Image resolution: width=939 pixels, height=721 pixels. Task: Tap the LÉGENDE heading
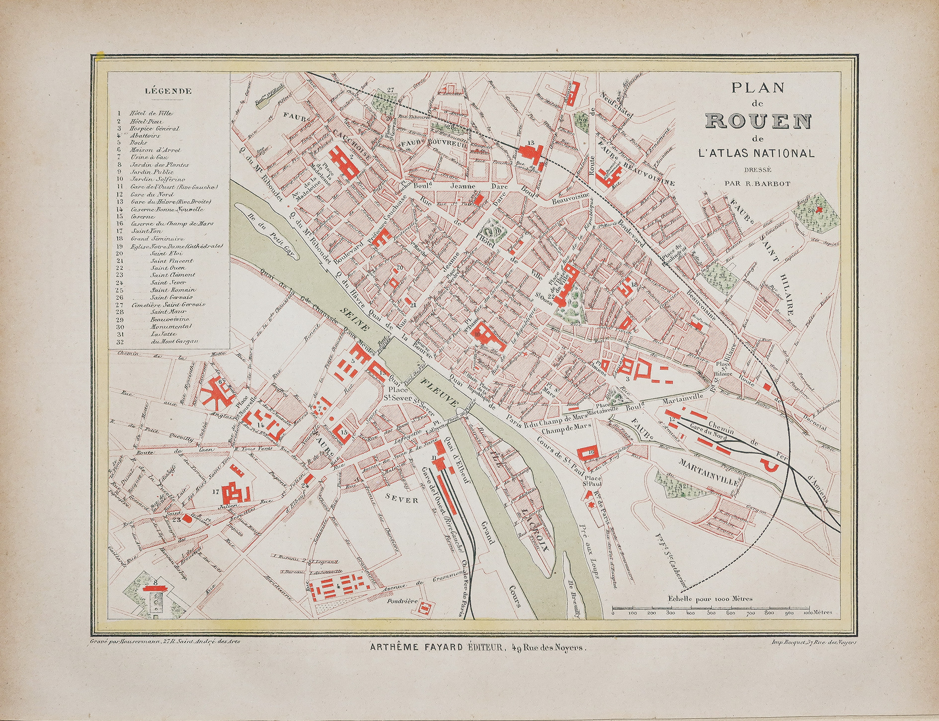pyautogui.click(x=168, y=91)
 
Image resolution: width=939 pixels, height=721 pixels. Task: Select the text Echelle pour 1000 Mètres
pyautogui.click(x=710, y=599)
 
